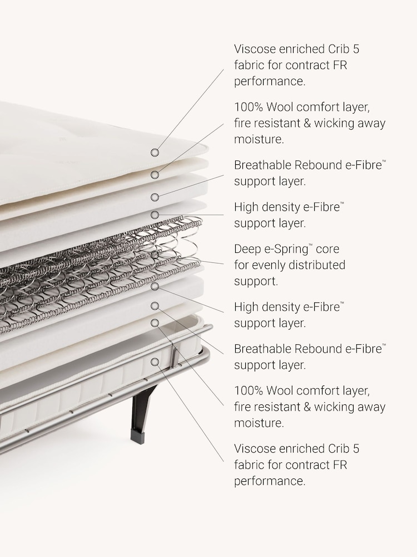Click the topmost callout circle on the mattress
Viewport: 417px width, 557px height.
click(155, 153)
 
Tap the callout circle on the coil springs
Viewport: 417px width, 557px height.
click(155, 255)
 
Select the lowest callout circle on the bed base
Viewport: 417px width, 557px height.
click(155, 362)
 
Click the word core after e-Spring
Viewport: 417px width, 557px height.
click(327, 250)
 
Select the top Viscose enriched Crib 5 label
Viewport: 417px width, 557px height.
click(296, 65)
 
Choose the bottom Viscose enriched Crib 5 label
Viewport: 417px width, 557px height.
click(296, 465)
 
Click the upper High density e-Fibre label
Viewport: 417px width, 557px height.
click(289, 215)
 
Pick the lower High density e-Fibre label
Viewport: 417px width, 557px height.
click(289, 315)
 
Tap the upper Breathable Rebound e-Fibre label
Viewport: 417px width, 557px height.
click(310, 173)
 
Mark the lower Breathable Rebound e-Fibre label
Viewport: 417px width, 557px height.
click(310, 356)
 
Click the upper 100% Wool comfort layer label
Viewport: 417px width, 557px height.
click(310, 123)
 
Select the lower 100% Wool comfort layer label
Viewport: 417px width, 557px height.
click(310, 407)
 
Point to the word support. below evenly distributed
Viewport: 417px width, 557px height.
click(256, 282)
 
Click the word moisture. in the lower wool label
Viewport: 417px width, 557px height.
click(259, 423)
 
